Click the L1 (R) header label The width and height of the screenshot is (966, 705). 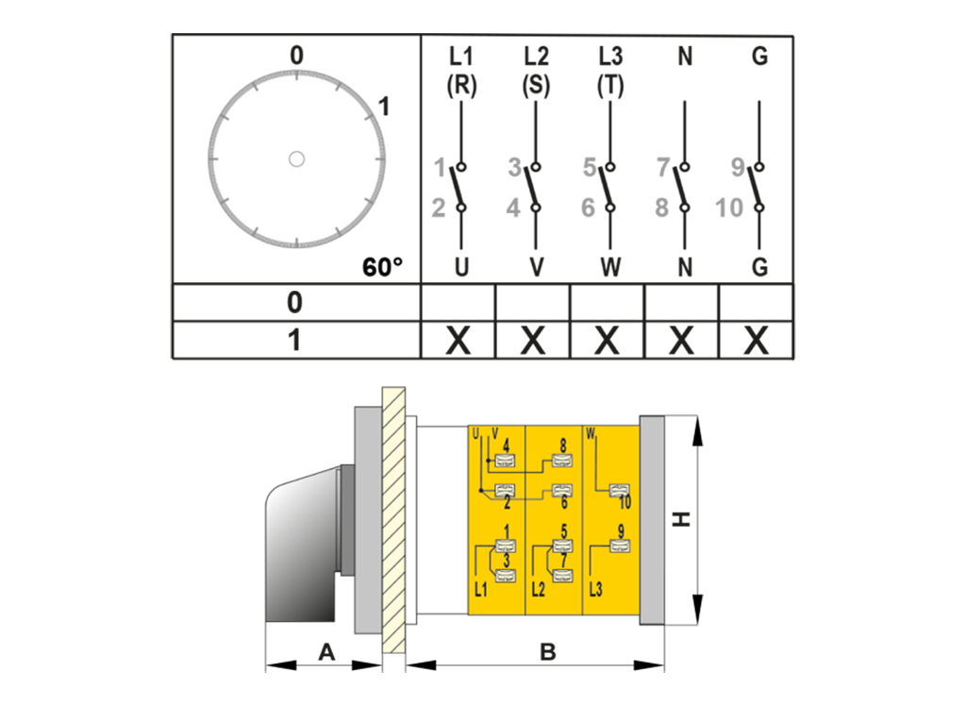click(461, 71)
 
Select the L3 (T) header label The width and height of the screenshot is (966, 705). click(610, 71)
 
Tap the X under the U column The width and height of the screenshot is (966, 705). click(458, 340)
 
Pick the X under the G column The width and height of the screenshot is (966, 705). click(756, 340)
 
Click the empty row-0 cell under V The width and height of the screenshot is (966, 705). click(532, 302)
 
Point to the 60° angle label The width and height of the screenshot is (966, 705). click(382, 267)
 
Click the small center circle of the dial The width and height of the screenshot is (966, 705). click(296, 159)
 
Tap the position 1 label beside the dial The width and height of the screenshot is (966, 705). click(383, 107)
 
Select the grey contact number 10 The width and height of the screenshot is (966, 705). click(729, 208)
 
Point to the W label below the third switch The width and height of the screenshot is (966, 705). click(610, 267)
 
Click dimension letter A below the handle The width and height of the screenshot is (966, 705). click(326, 651)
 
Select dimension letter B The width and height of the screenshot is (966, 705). click(547, 651)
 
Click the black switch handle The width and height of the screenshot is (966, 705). click(300, 547)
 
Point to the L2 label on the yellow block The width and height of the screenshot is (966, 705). click(539, 590)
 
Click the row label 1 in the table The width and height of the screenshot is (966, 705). click(294, 340)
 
